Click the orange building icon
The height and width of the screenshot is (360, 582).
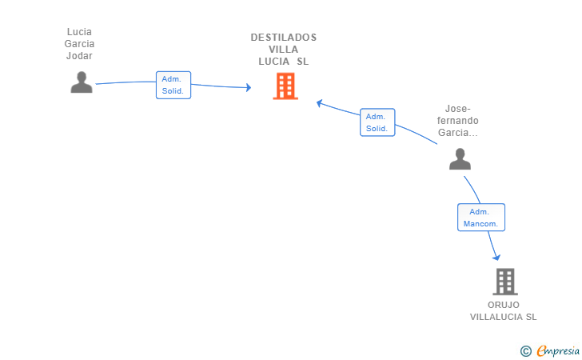[285, 86]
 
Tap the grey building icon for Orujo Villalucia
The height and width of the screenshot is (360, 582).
[505, 282]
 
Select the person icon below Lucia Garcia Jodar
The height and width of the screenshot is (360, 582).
[82, 82]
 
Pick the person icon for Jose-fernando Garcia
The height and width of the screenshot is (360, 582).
[460, 159]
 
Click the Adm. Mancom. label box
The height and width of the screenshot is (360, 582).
[481, 218]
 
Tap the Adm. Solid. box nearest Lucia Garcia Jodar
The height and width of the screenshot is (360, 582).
[173, 85]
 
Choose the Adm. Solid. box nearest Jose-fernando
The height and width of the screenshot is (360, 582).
[377, 122]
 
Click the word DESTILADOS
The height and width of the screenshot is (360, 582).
[284, 38]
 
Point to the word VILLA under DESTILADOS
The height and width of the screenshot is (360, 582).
[284, 50]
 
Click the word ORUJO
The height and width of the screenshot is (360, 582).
[504, 305]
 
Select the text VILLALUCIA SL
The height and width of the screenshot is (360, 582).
[504, 317]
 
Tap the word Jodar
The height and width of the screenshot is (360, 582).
[79, 56]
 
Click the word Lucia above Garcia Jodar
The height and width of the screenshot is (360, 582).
[79, 32]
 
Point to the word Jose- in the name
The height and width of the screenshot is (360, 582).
[457, 109]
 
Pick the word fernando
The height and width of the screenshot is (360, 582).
[457, 121]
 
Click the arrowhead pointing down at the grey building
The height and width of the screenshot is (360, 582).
[496, 257]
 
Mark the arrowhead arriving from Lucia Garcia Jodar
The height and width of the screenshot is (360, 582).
[249, 87]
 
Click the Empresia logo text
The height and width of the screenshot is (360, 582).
[558, 350]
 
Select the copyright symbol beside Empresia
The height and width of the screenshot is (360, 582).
[526, 350]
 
